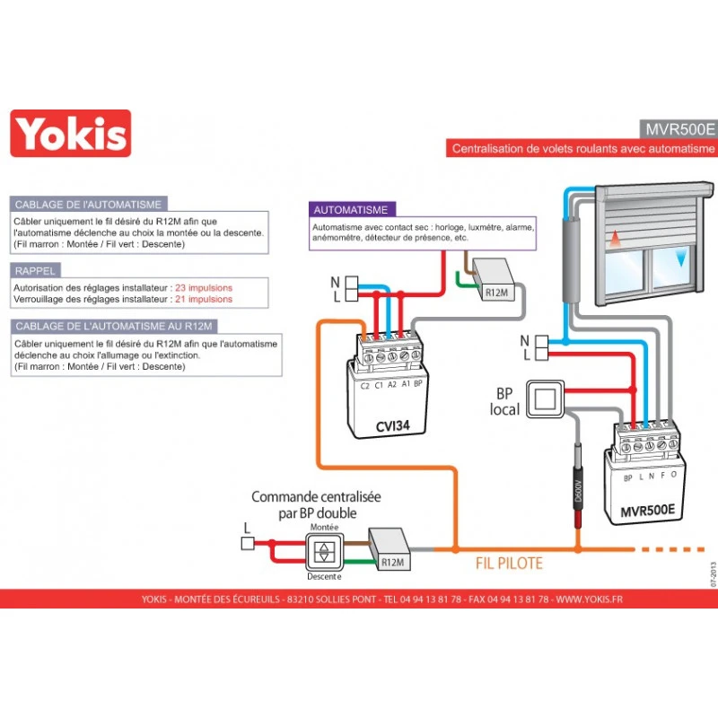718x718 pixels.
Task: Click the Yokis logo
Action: (x=70, y=134)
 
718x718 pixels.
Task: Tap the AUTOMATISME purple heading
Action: (x=350, y=209)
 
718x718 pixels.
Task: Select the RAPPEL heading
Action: (x=36, y=269)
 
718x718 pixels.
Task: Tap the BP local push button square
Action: (x=541, y=395)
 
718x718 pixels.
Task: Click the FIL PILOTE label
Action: (x=509, y=565)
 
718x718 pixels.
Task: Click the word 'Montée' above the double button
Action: (x=324, y=528)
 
